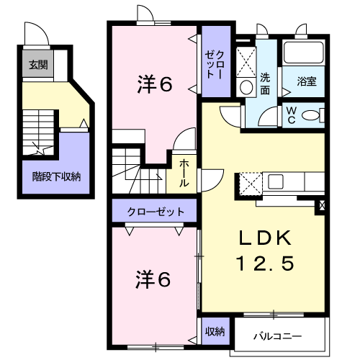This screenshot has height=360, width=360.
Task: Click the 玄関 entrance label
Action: pyautogui.click(x=38, y=65)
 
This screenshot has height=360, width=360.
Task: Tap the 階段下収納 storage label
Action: pyautogui.click(x=56, y=177)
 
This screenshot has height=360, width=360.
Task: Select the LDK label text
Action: pyautogui.click(x=265, y=238)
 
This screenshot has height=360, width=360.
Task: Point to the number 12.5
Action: pyautogui.click(x=266, y=264)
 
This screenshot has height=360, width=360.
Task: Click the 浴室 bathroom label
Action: pyautogui.click(x=307, y=81)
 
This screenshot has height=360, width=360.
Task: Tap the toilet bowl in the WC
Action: pyautogui.click(x=311, y=115)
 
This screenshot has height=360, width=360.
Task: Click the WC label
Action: pyautogui.click(x=292, y=115)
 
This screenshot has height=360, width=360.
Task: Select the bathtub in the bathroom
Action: pyautogui.click(x=303, y=53)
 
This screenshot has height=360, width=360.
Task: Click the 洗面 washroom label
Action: pyautogui.click(x=265, y=84)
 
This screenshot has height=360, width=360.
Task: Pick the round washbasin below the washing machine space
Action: pyautogui.click(x=246, y=87)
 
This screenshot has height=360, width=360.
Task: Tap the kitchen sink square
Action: pyautogui.click(x=276, y=181)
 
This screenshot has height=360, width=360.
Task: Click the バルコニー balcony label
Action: pyautogui.click(x=278, y=336)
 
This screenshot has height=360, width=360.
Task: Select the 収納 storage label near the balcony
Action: pyautogui.click(x=215, y=331)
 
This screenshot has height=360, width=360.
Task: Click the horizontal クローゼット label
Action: pyautogui.click(x=156, y=212)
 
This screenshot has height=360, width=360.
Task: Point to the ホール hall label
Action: pyautogui.click(x=184, y=173)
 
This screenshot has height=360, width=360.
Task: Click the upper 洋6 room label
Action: pyautogui.click(x=155, y=84)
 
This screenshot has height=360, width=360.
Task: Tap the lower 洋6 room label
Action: pyautogui.click(x=153, y=279)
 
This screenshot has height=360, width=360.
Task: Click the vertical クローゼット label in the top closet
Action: pyautogui.click(x=215, y=64)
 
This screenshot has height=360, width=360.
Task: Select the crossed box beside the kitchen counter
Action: pyautogui.click(x=251, y=184)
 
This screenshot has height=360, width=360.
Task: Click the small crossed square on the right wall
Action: pyautogui.click(x=323, y=204)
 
